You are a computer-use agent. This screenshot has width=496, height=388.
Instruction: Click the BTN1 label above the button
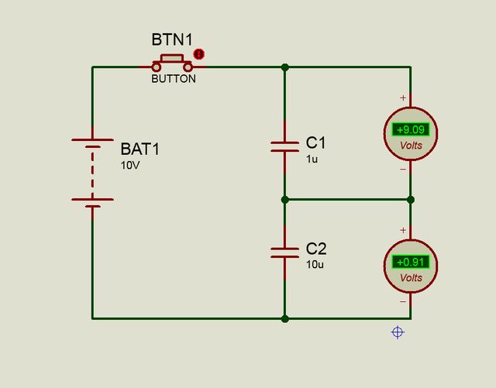point(172,39)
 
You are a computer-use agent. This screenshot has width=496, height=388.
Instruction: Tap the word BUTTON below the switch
point(174,79)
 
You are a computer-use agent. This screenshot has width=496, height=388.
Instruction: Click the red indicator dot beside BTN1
point(198,54)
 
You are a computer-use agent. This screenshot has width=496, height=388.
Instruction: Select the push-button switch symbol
point(172,64)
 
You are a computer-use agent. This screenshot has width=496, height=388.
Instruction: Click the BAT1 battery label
point(140,149)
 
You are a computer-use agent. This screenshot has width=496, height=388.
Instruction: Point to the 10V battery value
point(130,166)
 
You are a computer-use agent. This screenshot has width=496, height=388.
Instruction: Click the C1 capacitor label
point(315,142)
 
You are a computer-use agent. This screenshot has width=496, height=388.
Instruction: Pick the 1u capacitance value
point(312,159)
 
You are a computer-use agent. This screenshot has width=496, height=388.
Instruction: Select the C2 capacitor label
point(316,249)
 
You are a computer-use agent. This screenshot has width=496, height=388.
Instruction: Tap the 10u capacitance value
point(315,264)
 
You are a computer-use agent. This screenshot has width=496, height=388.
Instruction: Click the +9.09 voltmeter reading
point(411,129)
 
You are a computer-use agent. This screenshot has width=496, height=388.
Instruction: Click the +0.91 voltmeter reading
point(411,262)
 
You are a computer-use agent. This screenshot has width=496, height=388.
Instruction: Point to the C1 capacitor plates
point(284,146)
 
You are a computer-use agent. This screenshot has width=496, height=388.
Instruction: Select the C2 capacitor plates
point(284,252)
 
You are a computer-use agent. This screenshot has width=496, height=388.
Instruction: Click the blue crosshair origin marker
point(398,332)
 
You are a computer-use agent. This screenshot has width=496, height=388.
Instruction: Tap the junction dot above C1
point(285,67)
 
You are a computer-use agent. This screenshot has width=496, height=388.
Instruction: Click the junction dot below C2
point(285,319)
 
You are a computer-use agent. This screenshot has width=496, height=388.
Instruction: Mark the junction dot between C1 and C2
point(285,200)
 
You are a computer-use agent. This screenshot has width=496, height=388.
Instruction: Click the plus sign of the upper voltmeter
point(403,98)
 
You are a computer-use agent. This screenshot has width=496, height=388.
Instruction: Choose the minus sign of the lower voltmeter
point(403,302)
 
